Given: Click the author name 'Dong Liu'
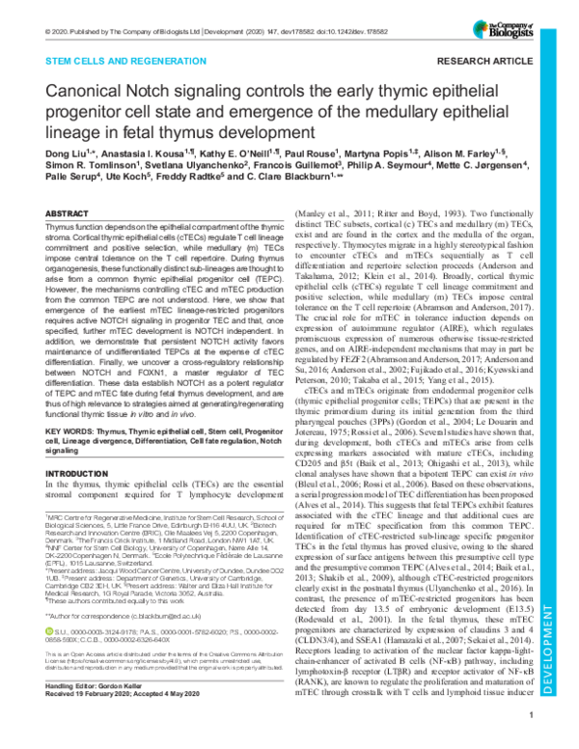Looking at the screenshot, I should [x=67, y=181].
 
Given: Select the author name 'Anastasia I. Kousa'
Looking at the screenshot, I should [x=137, y=181].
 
